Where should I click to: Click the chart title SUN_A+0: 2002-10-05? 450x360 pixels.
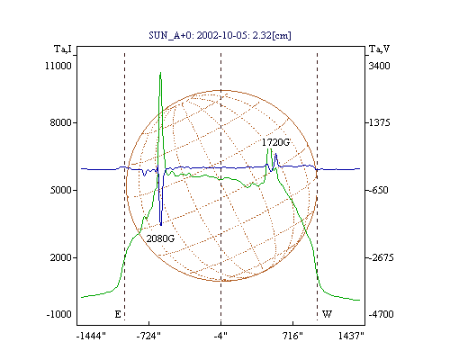[x=194, y=35]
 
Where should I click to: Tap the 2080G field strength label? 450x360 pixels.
[x=160, y=238]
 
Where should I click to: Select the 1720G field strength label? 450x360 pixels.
[x=276, y=142]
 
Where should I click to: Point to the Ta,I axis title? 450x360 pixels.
[x=63, y=49]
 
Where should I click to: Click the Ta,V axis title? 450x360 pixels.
[x=379, y=49]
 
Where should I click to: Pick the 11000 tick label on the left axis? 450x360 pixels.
[x=58, y=66]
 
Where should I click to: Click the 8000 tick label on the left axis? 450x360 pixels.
[x=60, y=122]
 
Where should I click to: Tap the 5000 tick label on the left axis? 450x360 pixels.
[x=60, y=190]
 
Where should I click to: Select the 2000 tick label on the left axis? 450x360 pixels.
[x=60, y=257]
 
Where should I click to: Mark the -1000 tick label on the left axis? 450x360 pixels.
[x=58, y=314]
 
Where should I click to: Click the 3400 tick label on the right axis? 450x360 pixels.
[x=379, y=66]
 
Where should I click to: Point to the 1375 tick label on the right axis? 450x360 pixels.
[x=379, y=122]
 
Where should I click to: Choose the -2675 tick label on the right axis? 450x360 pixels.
[x=381, y=257]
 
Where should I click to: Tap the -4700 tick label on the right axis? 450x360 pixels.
[x=381, y=314]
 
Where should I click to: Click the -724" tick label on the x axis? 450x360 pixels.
[x=148, y=336]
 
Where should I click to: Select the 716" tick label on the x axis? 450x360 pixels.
[x=292, y=336]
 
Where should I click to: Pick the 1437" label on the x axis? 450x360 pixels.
[x=351, y=336]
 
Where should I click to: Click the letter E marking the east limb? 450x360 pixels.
[x=118, y=314]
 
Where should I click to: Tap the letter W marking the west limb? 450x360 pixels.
[x=327, y=314]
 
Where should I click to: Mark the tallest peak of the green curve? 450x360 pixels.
[x=160, y=73]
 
